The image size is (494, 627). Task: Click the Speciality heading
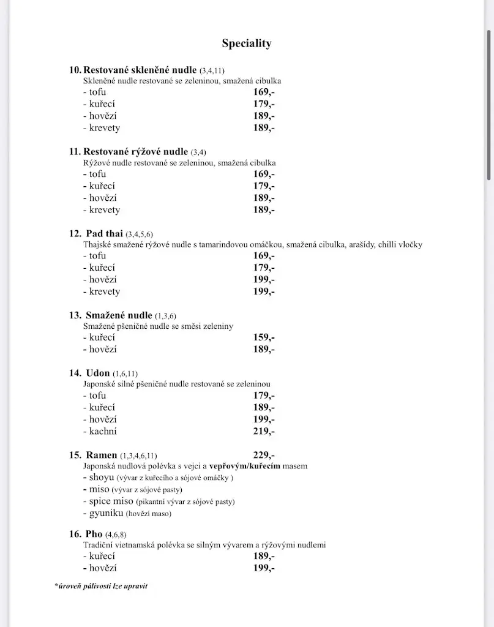tap(247, 43)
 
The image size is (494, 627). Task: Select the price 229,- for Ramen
tap(264, 455)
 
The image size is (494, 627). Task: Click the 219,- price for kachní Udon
tap(264, 431)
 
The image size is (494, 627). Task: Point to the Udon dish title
tap(98, 373)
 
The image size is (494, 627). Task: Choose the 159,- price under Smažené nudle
tap(264, 337)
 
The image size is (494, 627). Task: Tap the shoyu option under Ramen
tap(102, 478)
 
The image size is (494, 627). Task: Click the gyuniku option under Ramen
tap(107, 513)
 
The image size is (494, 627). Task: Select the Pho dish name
tap(94, 534)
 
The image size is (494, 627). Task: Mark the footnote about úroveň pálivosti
tap(101, 586)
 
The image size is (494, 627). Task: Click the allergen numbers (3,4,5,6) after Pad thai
tap(139, 234)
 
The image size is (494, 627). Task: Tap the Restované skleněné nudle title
tap(140, 70)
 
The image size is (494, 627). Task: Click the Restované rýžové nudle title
tap(136, 151)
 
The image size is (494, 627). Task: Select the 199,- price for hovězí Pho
tap(264, 568)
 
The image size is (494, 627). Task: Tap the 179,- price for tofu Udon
tap(264, 396)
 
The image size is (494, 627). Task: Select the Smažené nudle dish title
tap(119, 315)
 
